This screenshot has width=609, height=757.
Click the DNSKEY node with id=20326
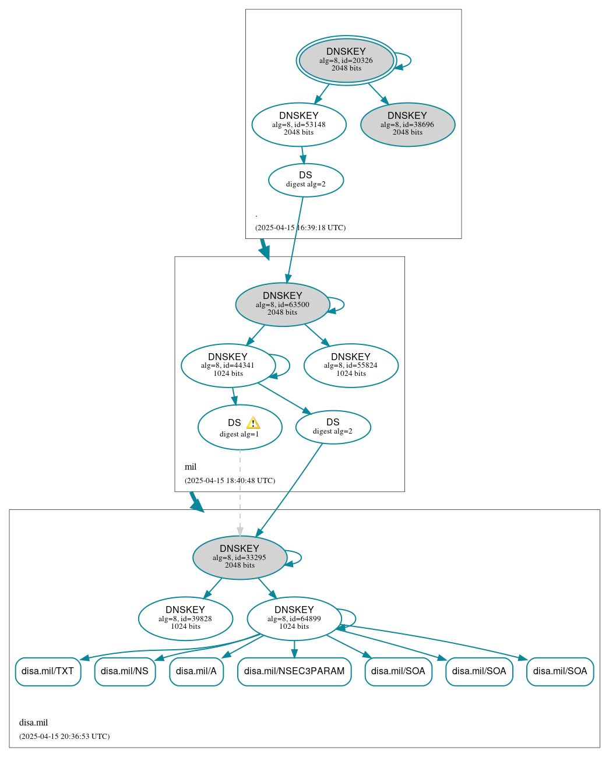tap(346, 60)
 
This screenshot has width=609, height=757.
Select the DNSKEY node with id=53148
tap(299, 124)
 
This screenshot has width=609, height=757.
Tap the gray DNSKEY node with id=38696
tap(407, 124)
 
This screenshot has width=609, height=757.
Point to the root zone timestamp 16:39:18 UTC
tap(300, 228)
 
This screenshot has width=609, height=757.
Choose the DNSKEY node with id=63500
tap(283, 304)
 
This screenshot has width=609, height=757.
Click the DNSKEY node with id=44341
tap(228, 365)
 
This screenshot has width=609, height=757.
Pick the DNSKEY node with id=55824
tap(351, 365)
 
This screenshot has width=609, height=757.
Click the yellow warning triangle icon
tap(253, 423)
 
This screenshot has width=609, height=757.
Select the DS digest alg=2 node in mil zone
tap(333, 427)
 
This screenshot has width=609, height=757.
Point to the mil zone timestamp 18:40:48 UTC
tap(230, 481)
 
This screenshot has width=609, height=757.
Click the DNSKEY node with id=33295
tap(240, 558)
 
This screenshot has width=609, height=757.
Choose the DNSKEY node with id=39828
tap(185, 618)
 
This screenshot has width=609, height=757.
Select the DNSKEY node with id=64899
tap(294, 618)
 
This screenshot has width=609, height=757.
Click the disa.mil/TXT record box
tap(48, 671)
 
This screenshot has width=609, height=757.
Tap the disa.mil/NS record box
tap(125, 671)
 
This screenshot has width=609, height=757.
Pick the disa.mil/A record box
tap(196, 671)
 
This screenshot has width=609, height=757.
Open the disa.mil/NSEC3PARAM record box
tap(294, 671)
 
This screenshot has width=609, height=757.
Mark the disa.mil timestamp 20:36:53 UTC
tap(64, 737)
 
